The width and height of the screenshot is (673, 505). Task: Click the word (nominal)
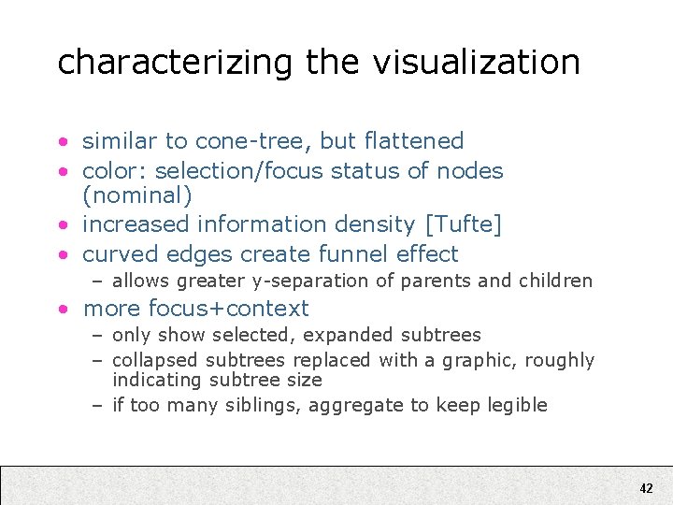pyautogui.click(x=137, y=195)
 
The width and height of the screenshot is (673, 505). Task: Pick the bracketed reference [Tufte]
pyautogui.click(x=462, y=224)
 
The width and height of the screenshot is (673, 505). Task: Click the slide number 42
pyautogui.click(x=646, y=488)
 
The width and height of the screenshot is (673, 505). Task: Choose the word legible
pyautogui.click(x=518, y=405)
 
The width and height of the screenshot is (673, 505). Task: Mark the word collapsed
pyautogui.click(x=154, y=360)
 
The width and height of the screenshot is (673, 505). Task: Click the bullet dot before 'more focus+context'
pyautogui.click(x=62, y=309)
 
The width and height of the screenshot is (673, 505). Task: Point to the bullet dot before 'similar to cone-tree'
pyautogui.click(x=62, y=142)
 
